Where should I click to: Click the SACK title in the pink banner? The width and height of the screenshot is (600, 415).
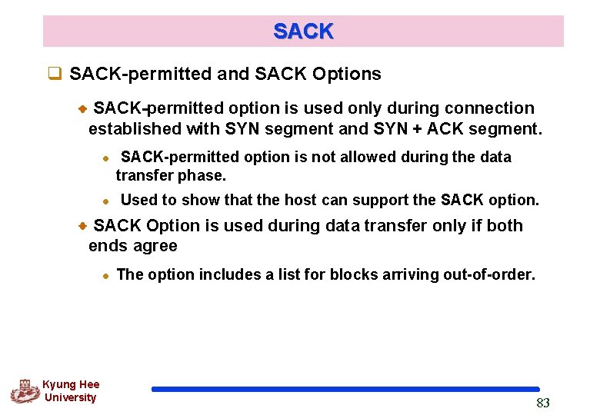303,32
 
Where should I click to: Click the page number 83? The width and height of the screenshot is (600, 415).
543,403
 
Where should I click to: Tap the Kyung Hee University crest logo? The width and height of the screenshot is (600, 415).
25,391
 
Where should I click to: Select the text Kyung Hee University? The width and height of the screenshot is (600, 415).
71,391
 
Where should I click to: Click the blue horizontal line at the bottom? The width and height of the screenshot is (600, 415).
345,390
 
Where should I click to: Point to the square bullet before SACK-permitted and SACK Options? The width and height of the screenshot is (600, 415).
55,75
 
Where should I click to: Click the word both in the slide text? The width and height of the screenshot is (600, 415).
505,226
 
